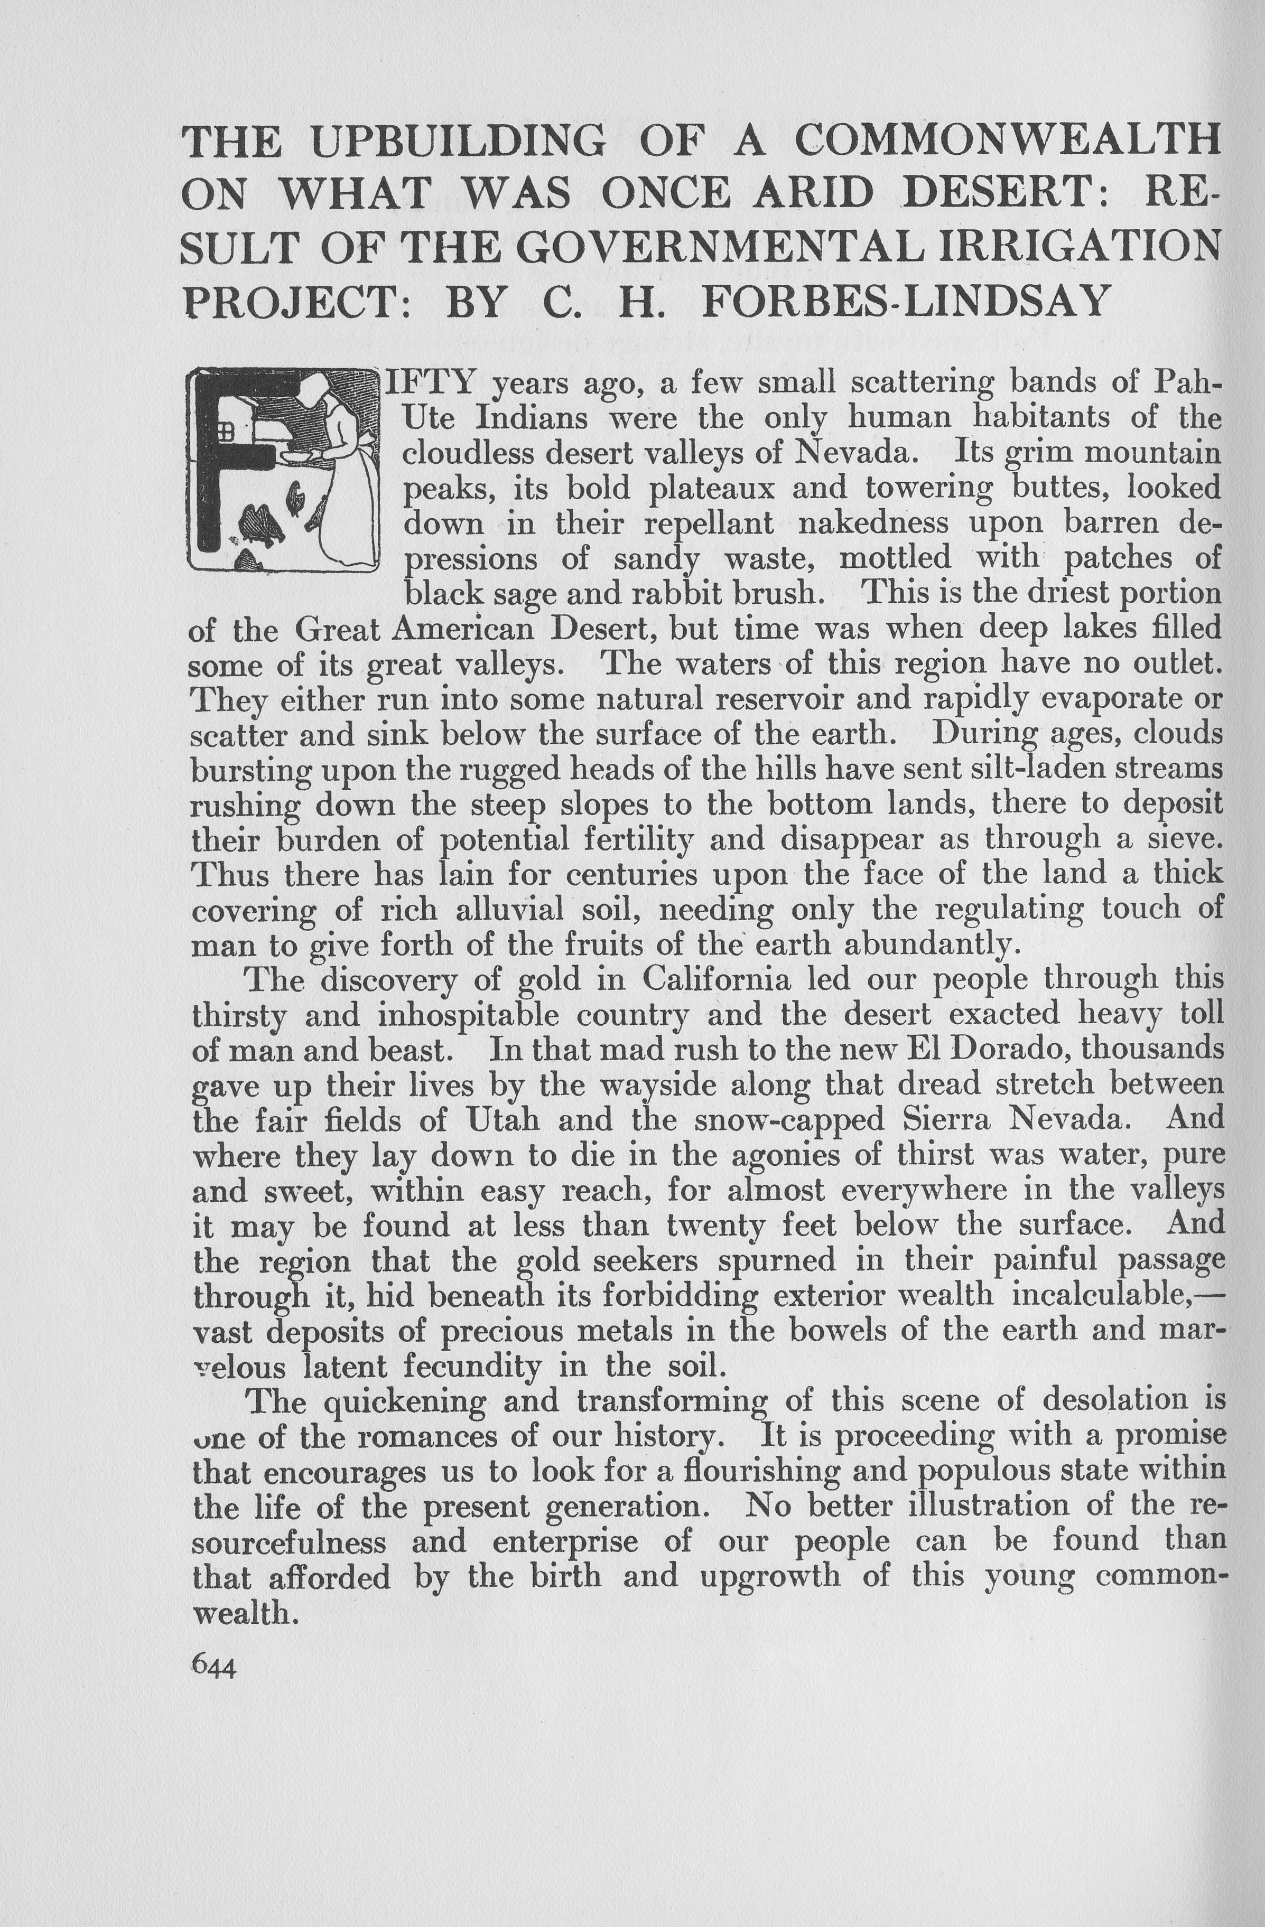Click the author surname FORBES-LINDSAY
coord(906,301)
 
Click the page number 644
coord(213,1666)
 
